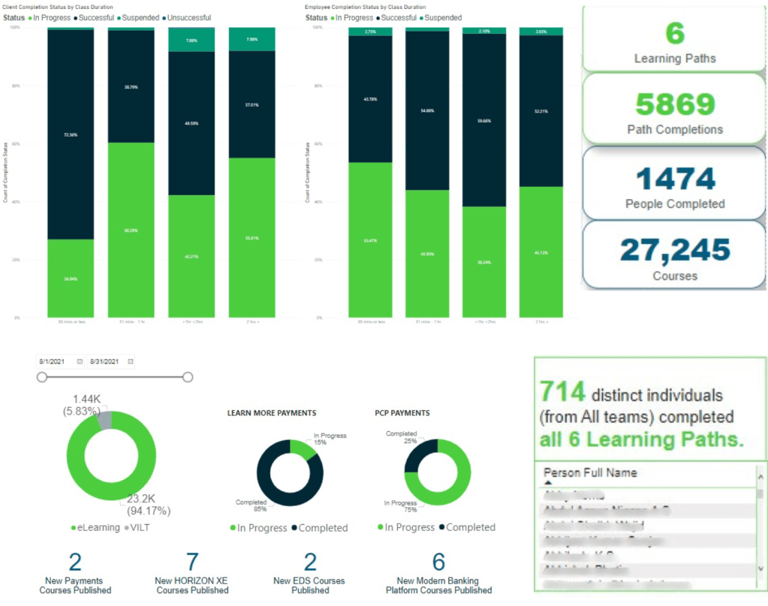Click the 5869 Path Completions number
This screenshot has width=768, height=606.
coord(675,104)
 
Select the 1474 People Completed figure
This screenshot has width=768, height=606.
coord(675,179)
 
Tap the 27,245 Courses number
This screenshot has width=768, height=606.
coord(675,250)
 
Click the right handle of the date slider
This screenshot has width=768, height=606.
coord(188,377)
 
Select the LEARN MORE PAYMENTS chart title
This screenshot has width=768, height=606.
coord(272,413)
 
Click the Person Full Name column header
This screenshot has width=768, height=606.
coord(590,473)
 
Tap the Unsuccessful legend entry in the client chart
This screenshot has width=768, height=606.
coord(187,17)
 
